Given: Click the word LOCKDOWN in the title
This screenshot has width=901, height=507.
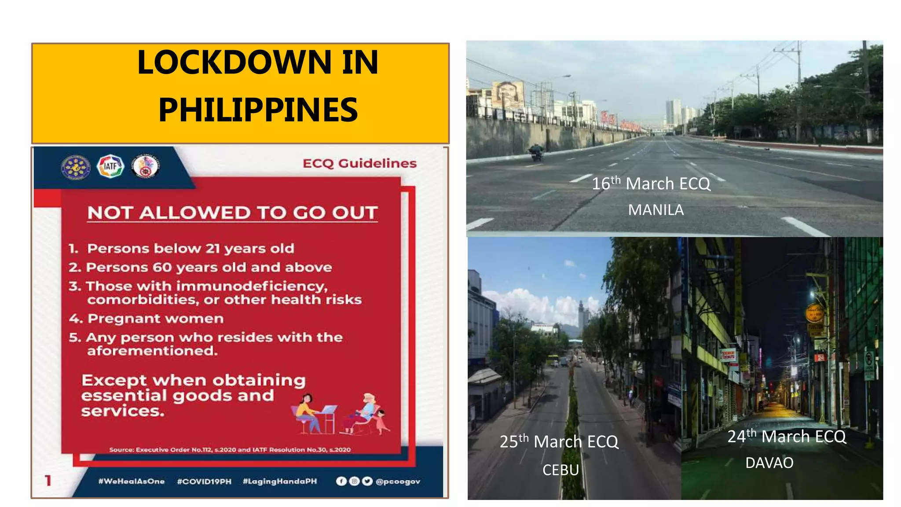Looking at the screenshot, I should (233, 62).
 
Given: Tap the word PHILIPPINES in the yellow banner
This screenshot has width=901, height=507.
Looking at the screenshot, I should (258, 110).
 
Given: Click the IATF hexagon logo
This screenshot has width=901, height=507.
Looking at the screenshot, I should (110, 166).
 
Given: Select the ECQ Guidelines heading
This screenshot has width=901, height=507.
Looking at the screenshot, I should (359, 163).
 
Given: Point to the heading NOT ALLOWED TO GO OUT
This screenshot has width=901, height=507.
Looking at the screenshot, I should (232, 213).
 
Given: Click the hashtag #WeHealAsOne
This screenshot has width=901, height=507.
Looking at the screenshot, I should (131, 481).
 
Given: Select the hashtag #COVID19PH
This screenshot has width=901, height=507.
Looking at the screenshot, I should (204, 481).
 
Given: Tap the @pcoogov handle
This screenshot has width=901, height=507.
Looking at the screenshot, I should (398, 481).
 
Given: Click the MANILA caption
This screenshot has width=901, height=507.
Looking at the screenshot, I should (656, 210).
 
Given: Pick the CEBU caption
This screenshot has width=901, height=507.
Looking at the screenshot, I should (560, 470).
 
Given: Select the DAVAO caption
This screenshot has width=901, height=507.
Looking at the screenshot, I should (769, 463).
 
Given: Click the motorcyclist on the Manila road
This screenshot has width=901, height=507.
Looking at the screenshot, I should (536, 152).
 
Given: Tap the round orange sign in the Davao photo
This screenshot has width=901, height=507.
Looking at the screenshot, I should (814, 313).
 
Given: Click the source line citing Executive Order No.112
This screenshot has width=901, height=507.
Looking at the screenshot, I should (230, 450).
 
